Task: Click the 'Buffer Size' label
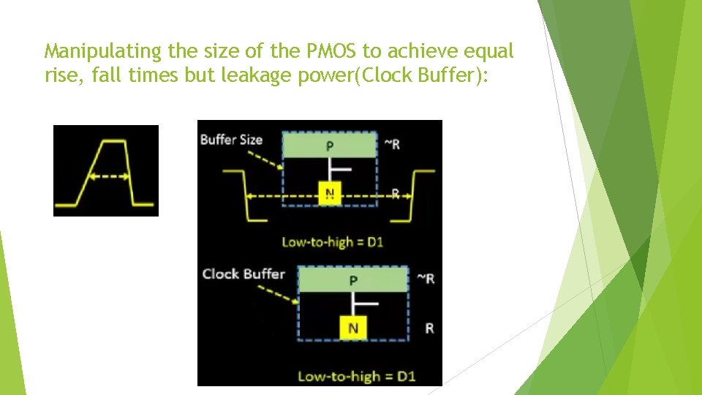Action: [x=231, y=140]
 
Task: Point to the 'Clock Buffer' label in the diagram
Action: [x=244, y=274]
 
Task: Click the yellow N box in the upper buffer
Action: [x=330, y=193]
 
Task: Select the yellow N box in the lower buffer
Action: [x=352, y=328]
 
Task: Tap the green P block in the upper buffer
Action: [x=330, y=146]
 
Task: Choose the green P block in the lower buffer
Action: [x=352, y=279]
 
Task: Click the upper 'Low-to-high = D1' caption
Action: [x=333, y=242]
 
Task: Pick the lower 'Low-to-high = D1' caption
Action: [x=357, y=377]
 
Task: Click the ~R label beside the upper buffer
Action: [x=392, y=144]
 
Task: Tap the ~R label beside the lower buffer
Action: [x=425, y=279]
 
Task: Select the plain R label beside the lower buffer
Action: [x=429, y=328]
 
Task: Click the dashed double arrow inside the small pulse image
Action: [x=106, y=176]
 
